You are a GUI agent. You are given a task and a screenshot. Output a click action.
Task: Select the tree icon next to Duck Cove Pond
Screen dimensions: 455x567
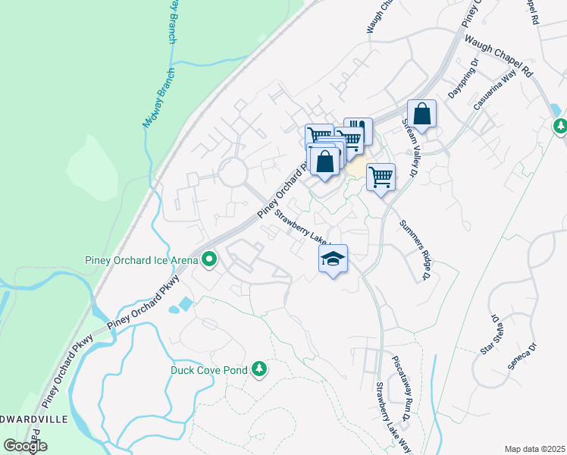pyautogui.click(x=259, y=369)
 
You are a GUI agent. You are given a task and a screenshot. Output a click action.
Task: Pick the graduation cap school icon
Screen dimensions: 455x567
pyautogui.click(x=333, y=259)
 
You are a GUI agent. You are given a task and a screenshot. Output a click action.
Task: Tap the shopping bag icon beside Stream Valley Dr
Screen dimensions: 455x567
pyautogui.click(x=422, y=115)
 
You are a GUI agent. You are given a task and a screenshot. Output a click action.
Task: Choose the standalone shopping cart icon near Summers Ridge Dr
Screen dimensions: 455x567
pyautogui.click(x=381, y=177)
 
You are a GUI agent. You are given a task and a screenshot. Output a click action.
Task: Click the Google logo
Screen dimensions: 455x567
pyautogui.click(x=25, y=446)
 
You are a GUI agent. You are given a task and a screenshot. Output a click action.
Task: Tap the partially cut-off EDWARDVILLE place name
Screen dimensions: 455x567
pyautogui.click(x=34, y=419)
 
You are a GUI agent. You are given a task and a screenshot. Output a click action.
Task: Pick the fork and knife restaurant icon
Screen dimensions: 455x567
pyautogui.click(x=359, y=130)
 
